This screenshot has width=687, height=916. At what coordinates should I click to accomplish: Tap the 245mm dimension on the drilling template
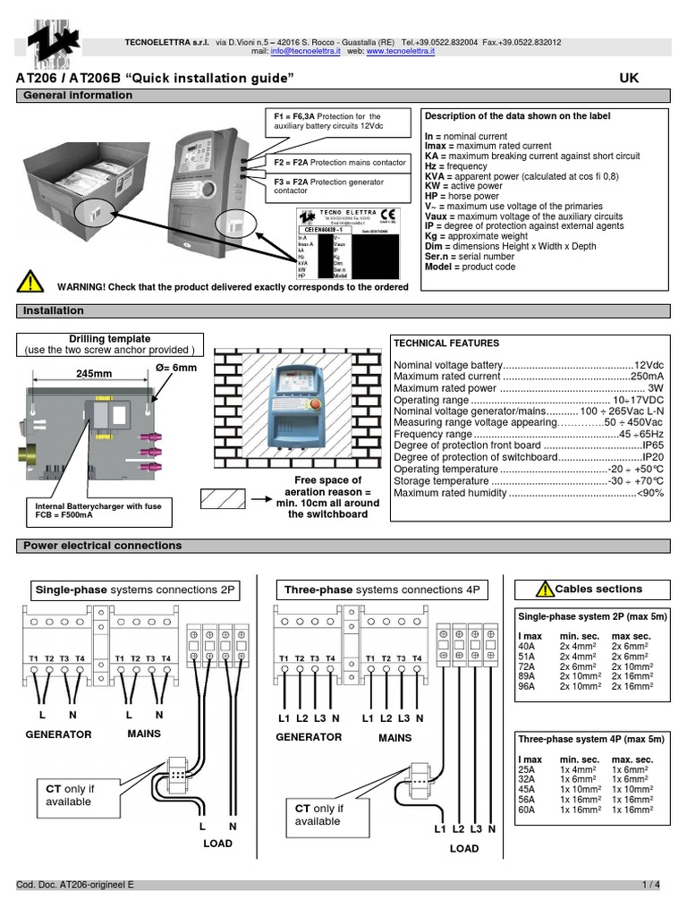93,375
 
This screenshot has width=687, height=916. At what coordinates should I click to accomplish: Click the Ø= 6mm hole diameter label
177,368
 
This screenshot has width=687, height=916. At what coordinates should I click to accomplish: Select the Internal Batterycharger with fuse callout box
98,511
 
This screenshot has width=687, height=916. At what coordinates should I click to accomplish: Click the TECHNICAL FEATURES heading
435,343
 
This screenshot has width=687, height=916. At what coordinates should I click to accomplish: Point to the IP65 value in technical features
652,445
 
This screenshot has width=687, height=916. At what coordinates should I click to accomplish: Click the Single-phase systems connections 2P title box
134,590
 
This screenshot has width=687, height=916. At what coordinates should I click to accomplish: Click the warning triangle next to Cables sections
544,589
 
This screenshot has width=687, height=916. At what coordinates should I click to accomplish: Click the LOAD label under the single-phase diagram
217,844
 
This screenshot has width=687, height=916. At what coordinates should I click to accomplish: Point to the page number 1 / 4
650,885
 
